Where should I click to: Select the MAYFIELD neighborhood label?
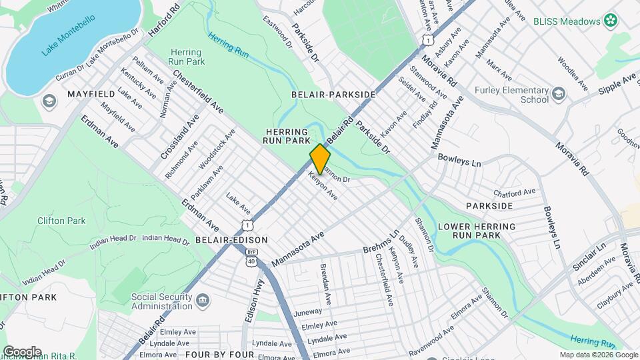pyautogui.click(x=92, y=95)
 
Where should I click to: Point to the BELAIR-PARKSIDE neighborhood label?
pyautogui.click(x=333, y=95)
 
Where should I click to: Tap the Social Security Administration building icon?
pyautogui.click(x=201, y=303)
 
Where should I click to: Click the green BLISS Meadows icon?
pyautogui.click(x=609, y=21)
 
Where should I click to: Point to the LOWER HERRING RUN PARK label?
pyautogui.click(x=478, y=231)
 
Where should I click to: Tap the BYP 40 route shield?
pyautogui.click(x=251, y=257)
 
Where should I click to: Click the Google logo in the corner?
pyautogui.click(x=22, y=351)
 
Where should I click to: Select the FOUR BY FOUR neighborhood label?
pyautogui.click(x=219, y=354)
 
